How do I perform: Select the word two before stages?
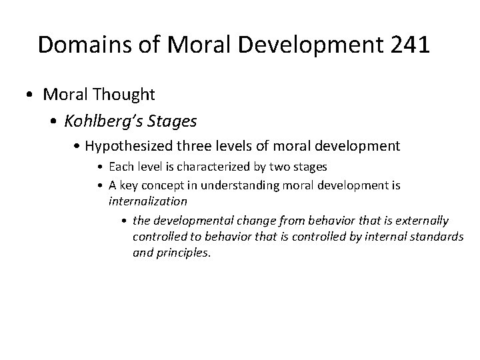[x=279, y=167]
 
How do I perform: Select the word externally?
[x=424, y=221]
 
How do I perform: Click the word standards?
[x=434, y=237]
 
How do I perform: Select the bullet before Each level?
[x=99, y=167]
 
